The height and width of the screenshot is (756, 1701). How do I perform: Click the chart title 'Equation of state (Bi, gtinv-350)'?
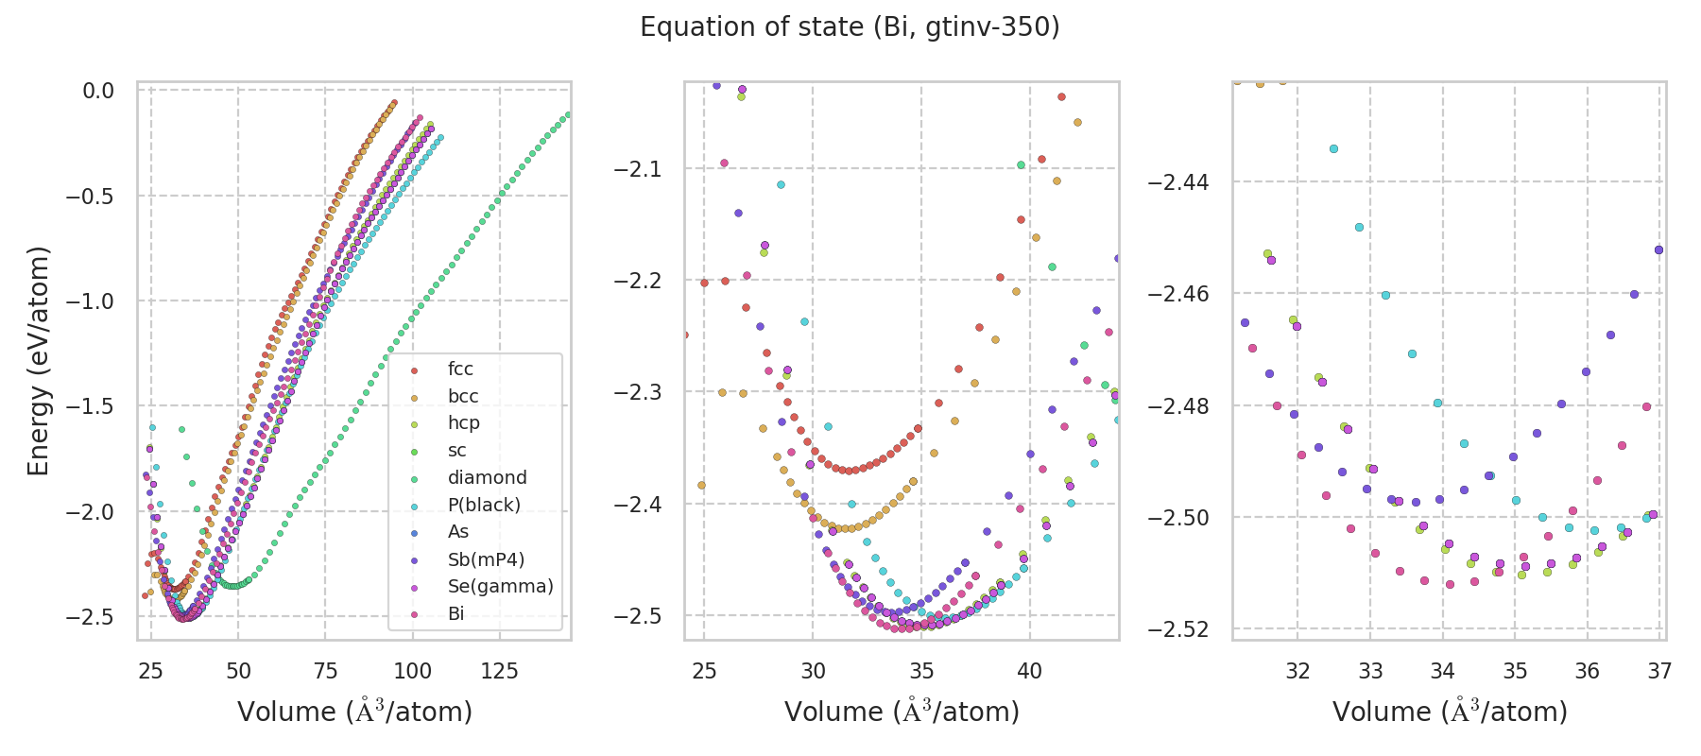tap(850, 27)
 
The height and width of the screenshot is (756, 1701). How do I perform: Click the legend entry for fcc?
tap(460, 369)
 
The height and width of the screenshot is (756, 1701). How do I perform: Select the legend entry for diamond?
tap(487, 478)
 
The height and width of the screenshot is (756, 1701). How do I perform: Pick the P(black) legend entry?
tap(484, 505)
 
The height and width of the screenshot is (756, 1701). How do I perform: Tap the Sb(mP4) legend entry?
tap(486, 559)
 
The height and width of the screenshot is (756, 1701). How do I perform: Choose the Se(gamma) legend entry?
tap(500, 587)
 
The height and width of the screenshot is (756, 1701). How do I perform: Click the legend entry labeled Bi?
tap(456, 614)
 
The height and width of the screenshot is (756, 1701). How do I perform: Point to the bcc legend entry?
tap(463, 397)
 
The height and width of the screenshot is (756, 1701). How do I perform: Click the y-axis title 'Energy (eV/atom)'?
tap(38, 361)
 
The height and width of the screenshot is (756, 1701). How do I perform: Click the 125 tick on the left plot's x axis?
tap(500, 671)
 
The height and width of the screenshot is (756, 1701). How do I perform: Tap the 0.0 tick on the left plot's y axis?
tap(98, 91)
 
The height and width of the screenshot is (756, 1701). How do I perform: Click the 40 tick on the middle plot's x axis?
tap(1029, 671)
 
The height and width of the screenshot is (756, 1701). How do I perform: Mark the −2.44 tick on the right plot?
tap(1177, 181)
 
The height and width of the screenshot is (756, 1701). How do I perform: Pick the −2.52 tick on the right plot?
tap(1177, 629)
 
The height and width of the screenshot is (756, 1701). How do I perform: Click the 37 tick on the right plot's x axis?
tap(1659, 671)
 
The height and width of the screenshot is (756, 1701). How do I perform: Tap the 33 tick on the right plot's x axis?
tap(1370, 671)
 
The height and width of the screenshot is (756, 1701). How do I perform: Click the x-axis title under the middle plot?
tap(902, 712)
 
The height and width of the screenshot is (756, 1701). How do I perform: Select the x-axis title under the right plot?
tap(1450, 712)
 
